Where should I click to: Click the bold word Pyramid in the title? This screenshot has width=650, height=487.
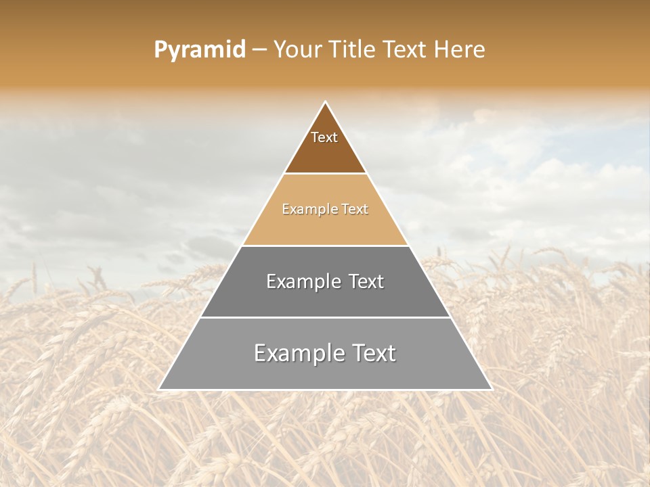click(x=200, y=50)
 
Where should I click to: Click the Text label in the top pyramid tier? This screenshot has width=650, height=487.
click(x=324, y=137)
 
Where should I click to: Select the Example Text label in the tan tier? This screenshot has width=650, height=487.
click(x=325, y=209)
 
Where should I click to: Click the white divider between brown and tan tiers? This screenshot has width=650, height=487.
click(x=325, y=174)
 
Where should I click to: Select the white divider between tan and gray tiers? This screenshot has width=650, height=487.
click(x=325, y=246)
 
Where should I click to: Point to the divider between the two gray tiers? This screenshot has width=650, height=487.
click(x=325, y=317)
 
